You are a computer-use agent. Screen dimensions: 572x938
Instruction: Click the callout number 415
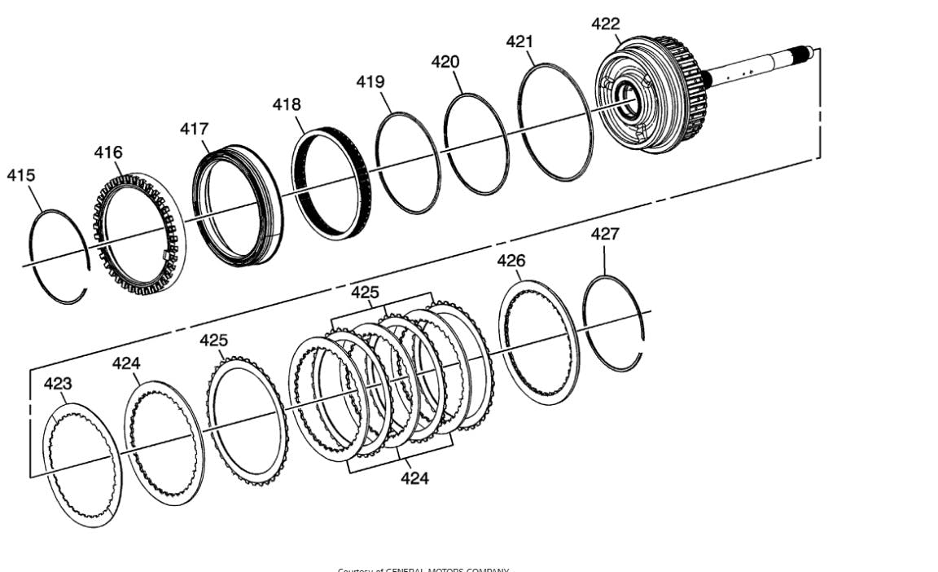pos(21,175)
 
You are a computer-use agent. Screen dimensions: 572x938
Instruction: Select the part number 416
pos(108,152)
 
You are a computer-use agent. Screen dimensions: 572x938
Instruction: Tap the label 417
pos(195,129)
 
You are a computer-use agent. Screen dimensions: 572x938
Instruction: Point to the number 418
pos(287,104)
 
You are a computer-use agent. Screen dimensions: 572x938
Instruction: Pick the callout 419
pos(370,81)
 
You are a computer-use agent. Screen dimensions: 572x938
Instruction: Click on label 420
pos(445,62)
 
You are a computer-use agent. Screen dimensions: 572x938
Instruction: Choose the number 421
pos(519,42)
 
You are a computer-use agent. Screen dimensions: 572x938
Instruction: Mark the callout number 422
pos(605,24)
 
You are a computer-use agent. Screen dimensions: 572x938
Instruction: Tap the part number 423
pos(58,383)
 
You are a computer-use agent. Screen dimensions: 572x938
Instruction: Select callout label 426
pos(511,261)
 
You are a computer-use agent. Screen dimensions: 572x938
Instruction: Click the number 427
pos(605,234)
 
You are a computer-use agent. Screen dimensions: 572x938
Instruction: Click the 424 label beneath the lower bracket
pos(414,478)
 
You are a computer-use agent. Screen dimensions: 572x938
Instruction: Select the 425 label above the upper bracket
pos(365,292)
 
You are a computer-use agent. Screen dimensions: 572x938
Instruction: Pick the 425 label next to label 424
pos(214,341)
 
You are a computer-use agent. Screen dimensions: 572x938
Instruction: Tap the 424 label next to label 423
pos(126,363)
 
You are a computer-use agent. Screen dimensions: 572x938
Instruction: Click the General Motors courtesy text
pos(423,569)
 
